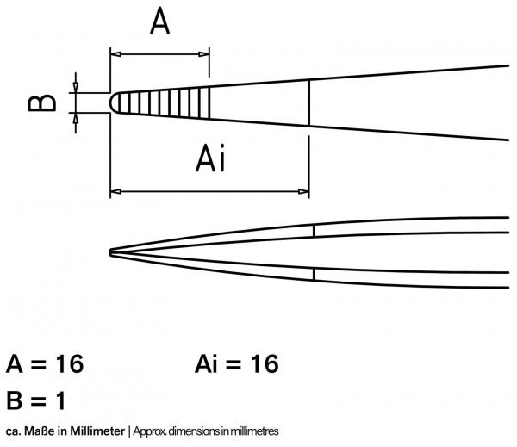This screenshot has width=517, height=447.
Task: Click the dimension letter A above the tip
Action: tap(160, 22)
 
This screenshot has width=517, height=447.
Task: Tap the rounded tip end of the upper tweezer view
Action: tap(113, 102)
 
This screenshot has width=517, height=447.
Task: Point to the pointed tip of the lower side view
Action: tap(112, 251)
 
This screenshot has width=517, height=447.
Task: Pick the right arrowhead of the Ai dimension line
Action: tap(304, 190)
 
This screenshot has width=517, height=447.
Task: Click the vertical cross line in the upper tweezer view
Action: tap(309, 102)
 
